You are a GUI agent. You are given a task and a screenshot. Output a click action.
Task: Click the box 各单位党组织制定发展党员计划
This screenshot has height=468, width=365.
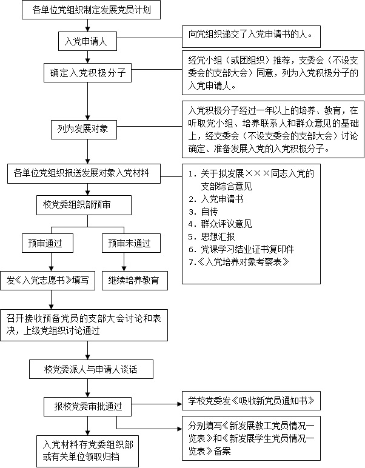[x=87, y=11]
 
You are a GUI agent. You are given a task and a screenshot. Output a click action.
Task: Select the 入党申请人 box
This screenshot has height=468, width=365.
[x=87, y=42]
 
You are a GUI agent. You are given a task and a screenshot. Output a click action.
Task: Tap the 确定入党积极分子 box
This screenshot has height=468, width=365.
[x=87, y=73]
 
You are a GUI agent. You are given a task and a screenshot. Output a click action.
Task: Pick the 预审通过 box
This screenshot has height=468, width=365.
[x=50, y=243]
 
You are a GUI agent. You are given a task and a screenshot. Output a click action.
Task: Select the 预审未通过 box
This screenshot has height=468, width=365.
[x=126, y=243]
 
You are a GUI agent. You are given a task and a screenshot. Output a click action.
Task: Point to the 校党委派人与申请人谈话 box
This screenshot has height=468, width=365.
[x=87, y=368]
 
